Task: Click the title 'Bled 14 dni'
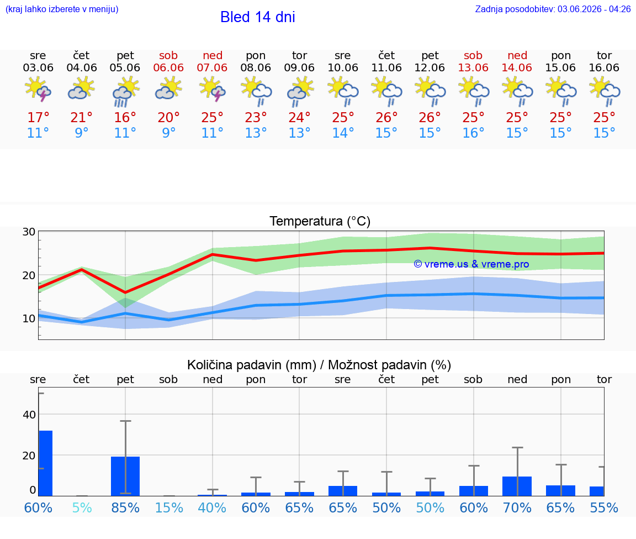258,17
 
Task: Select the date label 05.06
125,67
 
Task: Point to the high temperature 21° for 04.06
82,117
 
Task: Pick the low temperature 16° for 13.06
473,133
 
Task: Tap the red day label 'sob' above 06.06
168,55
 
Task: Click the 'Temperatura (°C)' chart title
320,221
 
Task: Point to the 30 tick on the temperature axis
29,232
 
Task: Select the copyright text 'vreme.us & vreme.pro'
471,264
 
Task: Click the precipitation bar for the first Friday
125,476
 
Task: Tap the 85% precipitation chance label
125,507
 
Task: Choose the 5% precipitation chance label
82,507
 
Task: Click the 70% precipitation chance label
517,507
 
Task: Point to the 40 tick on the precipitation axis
29,415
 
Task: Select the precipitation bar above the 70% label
517,486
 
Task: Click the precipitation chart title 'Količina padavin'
252,365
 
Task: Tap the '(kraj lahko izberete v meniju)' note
62,9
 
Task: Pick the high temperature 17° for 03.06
38,117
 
